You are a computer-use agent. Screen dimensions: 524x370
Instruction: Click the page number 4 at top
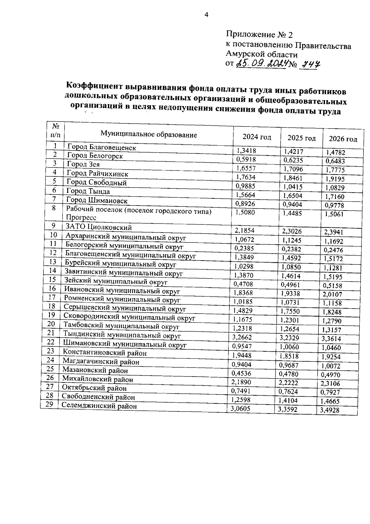tap(206, 15)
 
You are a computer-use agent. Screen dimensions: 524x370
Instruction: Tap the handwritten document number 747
tap(310, 65)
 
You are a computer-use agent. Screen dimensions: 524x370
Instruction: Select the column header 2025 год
tap(301, 138)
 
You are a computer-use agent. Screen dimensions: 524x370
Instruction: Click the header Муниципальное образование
tap(149, 135)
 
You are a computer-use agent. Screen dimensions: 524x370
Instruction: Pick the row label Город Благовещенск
tap(101, 147)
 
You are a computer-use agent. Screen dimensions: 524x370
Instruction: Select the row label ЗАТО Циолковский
tap(99, 227)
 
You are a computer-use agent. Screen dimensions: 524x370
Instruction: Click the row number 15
tap(53, 279)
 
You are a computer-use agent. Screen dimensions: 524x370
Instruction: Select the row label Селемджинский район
tap(99, 406)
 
